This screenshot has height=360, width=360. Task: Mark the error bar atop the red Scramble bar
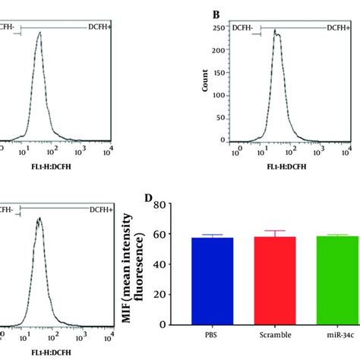tap(265, 232)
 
